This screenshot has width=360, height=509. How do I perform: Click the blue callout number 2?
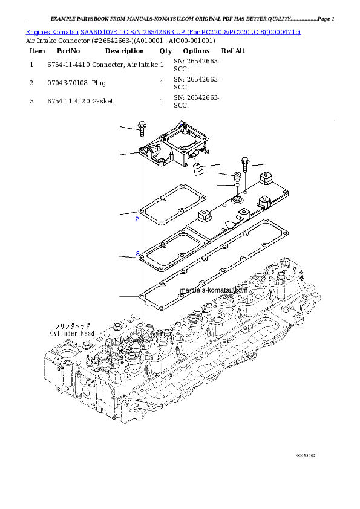click(137, 219)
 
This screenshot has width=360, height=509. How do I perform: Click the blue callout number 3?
click(137, 254)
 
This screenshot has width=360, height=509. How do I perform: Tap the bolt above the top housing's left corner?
click(142, 128)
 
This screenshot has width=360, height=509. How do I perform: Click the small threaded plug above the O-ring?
click(237, 178)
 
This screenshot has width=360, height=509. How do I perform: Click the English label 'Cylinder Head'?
click(72, 333)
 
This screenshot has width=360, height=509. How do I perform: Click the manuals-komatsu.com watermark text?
click(214, 290)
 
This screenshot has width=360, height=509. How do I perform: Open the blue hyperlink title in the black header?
click(163, 31)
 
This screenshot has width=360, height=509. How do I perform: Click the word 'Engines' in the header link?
click(38, 31)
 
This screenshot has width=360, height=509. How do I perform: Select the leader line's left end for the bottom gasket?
click(120, 296)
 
